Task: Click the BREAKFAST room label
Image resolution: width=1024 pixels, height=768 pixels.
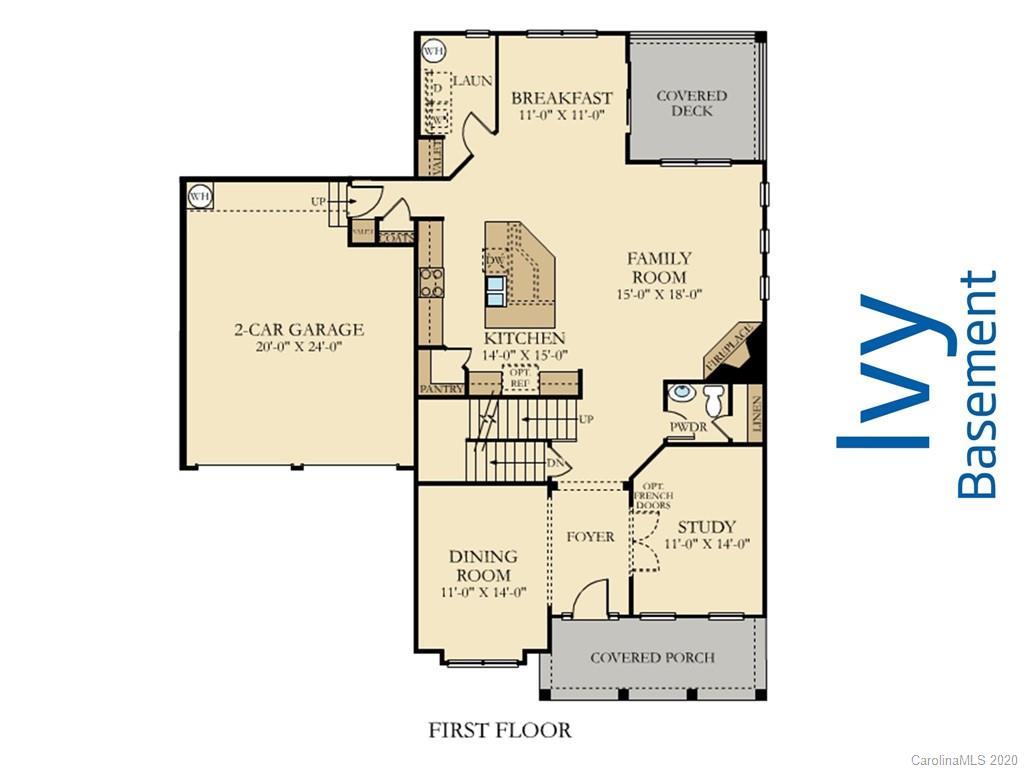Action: [x=561, y=98]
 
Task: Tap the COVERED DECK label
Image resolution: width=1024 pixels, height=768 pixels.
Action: [x=691, y=103]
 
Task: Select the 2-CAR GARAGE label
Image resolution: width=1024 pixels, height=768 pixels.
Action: [x=299, y=329]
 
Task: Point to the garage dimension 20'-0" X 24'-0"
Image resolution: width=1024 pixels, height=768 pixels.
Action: [x=299, y=348]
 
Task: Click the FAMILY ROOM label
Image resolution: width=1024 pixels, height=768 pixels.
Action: [x=658, y=267]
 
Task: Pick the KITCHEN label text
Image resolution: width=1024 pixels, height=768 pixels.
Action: [x=525, y=338]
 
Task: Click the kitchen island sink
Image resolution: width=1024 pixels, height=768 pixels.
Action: [x=495, y=289]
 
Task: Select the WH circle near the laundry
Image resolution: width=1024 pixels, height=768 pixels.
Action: [x=433, y=50]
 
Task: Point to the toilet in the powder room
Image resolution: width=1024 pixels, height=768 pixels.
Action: [x=713, y=400]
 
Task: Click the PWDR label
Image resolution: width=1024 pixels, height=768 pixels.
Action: [x=688, y=427]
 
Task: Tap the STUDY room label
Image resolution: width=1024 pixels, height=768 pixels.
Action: [x=706, y=527]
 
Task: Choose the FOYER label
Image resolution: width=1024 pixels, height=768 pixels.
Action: [x=590, y=537]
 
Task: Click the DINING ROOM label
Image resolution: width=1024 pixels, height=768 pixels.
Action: [x=483, y=565]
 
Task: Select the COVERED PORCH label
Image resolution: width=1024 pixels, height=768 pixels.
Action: [x=652, y=657]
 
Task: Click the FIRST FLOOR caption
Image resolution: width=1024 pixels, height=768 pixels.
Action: [x=500, y=730]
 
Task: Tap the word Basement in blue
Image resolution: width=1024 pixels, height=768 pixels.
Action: [x=977, y=384]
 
